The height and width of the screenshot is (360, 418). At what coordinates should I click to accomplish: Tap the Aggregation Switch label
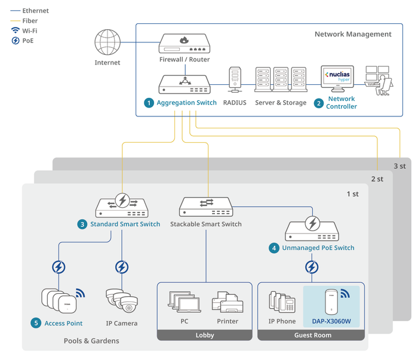(186, 103)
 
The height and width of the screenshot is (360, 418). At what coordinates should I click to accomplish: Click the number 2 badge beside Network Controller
(318, 103)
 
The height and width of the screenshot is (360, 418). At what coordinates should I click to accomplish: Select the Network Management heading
(353, 34)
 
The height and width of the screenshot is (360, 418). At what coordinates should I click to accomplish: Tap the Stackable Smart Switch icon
(206, 206)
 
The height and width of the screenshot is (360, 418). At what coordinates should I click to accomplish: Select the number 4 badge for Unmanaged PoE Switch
(274, 248)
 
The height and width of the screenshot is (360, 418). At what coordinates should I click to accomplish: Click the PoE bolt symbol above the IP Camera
(122, 266)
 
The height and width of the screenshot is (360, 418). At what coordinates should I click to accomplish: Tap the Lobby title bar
(205, 335)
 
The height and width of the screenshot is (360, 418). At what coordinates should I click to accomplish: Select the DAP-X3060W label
(331, 321)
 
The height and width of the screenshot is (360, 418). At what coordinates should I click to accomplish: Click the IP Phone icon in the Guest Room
(281, 301)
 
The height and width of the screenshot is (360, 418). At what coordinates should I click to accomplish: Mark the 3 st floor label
(399, 165)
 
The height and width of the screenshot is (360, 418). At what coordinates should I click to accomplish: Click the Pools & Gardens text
(91, 341)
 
